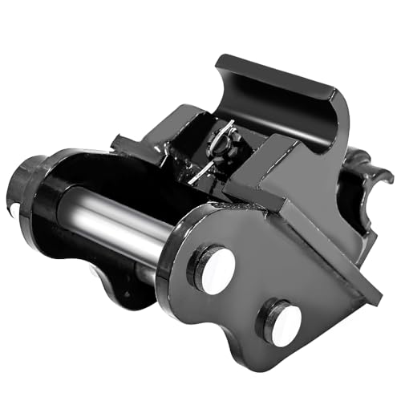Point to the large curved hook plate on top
pos(281,96)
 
